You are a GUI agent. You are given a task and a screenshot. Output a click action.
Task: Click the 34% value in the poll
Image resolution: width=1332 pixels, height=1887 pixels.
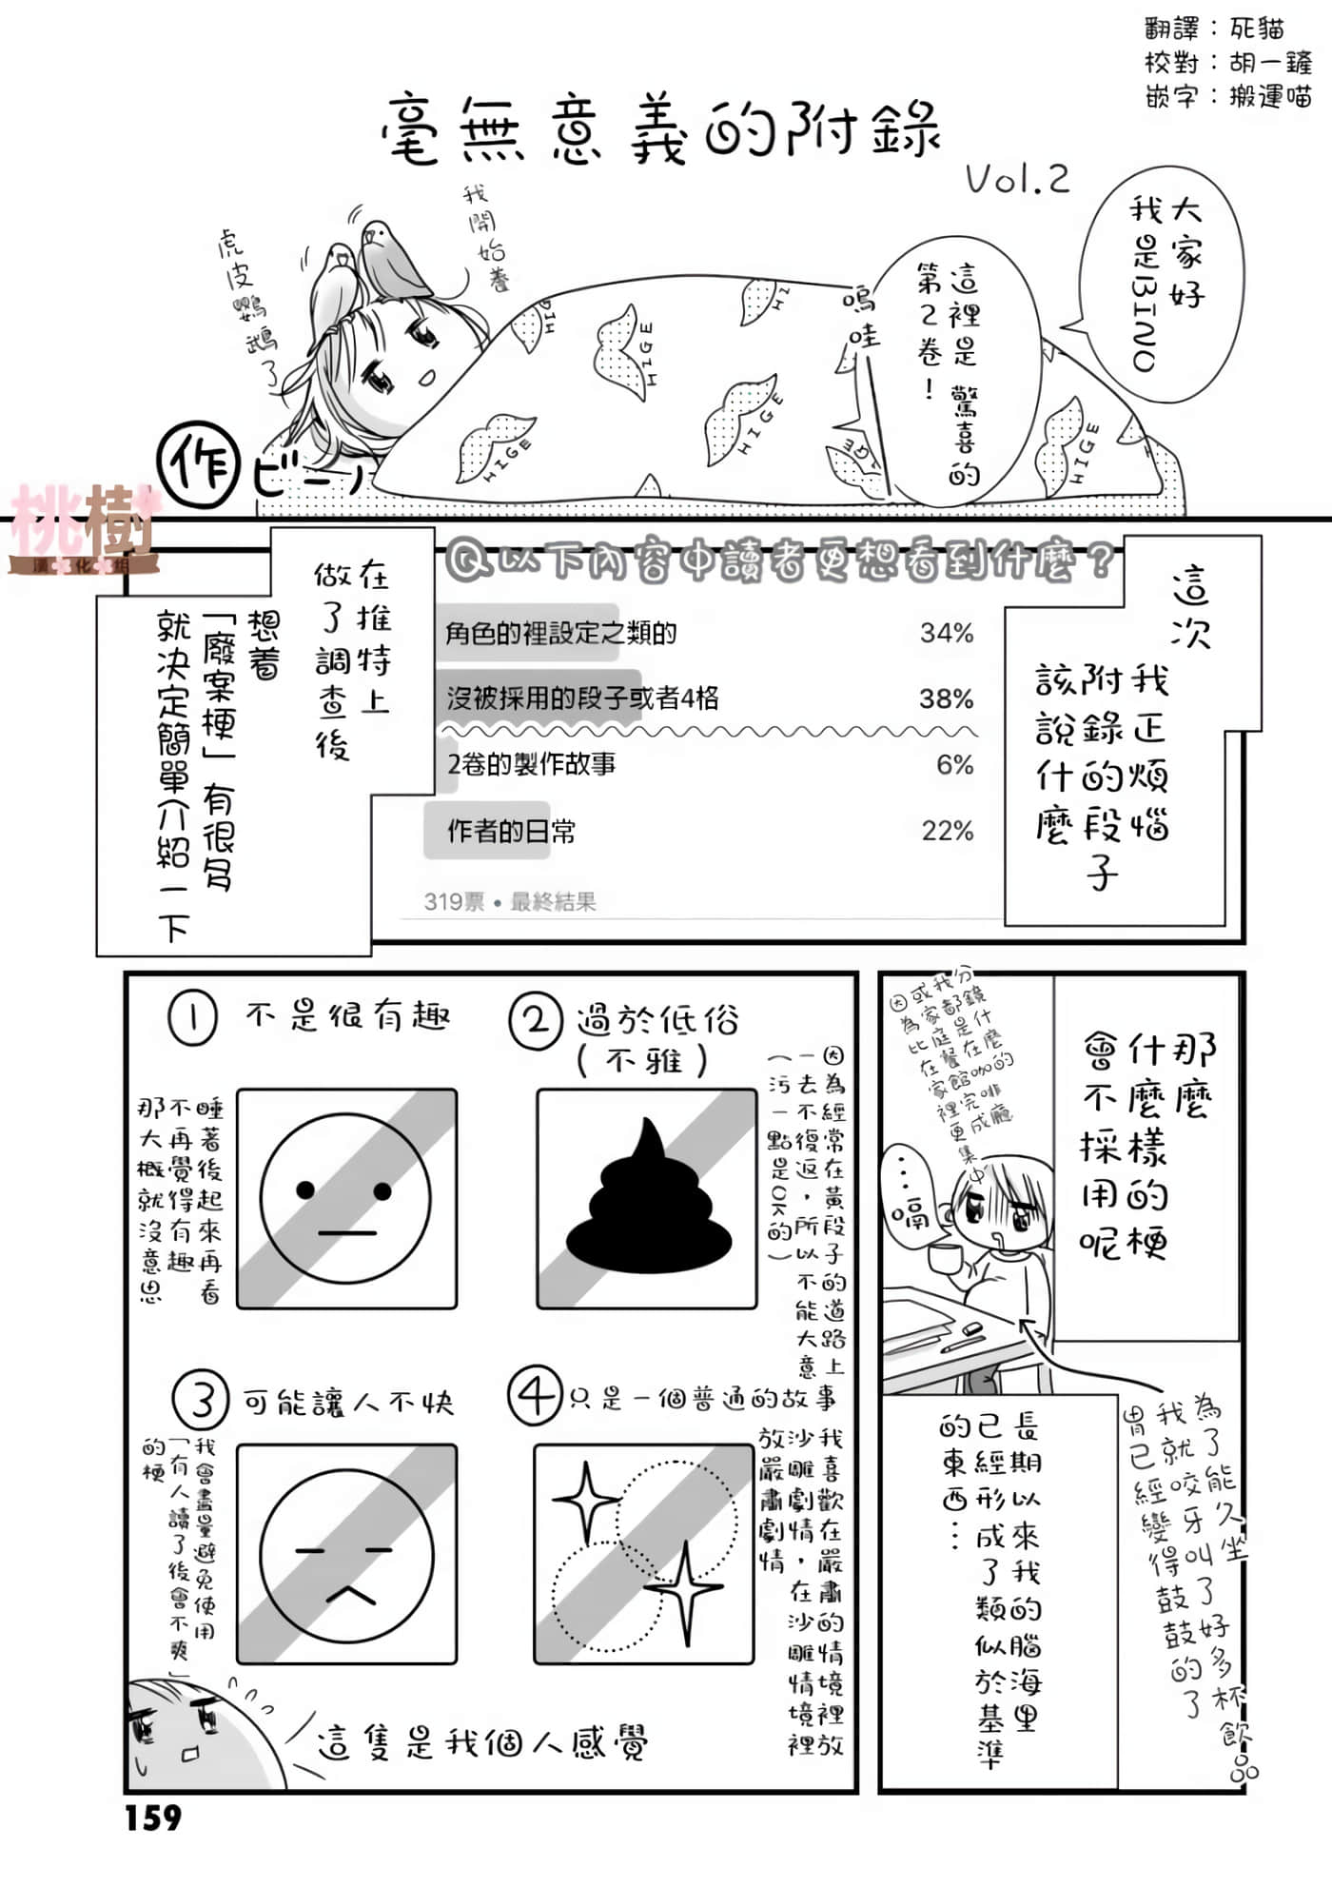947,633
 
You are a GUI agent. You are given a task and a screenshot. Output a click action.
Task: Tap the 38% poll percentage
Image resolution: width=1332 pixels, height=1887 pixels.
947,698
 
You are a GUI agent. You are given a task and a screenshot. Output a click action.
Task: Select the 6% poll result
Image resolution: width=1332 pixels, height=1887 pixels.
954,764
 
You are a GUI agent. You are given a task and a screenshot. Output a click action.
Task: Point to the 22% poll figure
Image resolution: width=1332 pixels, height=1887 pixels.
948,831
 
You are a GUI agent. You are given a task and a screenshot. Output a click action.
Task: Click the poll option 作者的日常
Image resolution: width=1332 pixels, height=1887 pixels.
511,832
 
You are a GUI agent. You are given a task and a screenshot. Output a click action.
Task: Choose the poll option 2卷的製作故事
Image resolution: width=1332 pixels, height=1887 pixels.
532,764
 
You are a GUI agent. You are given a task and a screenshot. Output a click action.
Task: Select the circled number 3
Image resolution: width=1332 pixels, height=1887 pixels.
201,1400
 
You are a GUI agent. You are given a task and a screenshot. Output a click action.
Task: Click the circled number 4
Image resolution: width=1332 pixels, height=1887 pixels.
536,1396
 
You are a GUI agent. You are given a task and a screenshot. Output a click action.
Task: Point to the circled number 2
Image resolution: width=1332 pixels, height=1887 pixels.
536,1021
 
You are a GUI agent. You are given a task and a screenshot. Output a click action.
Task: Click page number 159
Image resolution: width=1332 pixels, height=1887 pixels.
153,1818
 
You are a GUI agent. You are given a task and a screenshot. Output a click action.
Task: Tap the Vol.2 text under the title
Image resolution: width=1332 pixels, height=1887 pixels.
1017,179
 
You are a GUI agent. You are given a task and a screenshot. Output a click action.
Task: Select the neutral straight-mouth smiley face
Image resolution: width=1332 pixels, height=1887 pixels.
345,1199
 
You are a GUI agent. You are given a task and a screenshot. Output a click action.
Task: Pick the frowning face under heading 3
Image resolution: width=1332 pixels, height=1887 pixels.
346,1557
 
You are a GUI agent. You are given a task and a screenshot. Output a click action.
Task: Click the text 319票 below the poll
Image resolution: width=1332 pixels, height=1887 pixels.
454,901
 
